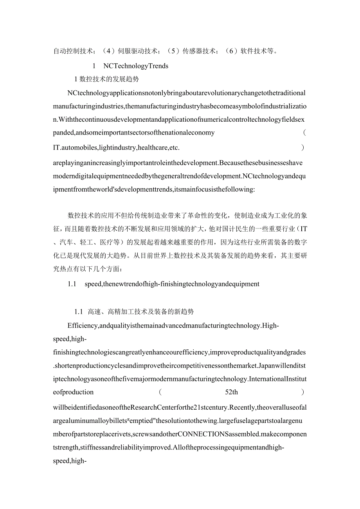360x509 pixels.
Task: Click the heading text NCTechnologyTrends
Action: coord(136,66)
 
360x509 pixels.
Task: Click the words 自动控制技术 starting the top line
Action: coord(73,51)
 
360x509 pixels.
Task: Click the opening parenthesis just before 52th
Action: coord(160,392)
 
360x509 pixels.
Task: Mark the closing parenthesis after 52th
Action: coord(303,392)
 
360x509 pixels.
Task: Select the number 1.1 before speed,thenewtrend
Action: coord(72,284)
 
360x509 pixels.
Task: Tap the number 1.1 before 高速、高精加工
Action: coord(79,312)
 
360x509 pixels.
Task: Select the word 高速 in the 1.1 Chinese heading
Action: coord(95,312)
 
